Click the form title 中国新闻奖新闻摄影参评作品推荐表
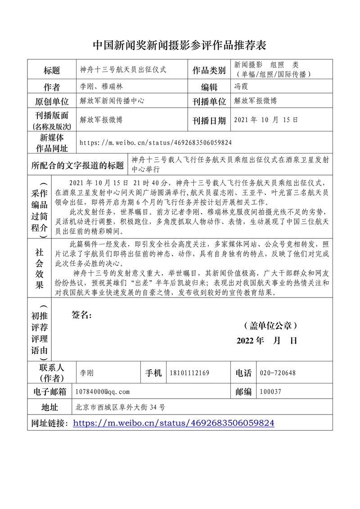(x=180, y=45)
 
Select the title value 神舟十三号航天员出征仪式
(x=123, y=70)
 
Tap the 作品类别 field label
(x=209, y=70)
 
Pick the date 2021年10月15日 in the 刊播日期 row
(x=266, y=120)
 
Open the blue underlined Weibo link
(x=173, y=423)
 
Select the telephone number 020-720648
(x=278, y=373)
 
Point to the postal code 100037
(x=270, y=392)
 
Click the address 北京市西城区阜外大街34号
(x=121, y=407)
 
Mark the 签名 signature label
(x=81, y=315)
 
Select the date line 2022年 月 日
(x=267, y=341)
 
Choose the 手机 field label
(x=153, y=373)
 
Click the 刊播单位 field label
(x=209, y=102)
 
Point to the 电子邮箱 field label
(x=49, y=392)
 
